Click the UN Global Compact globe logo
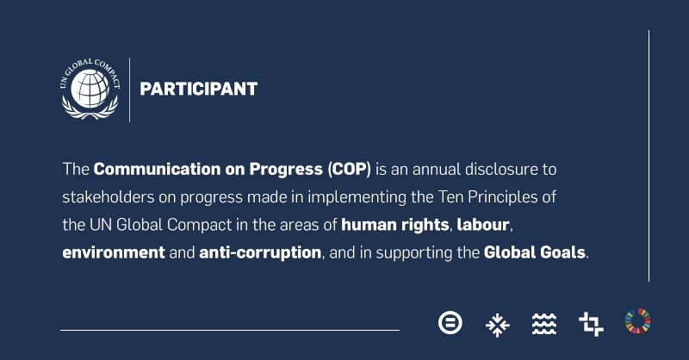click(x=90, y=89)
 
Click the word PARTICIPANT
click(x=199, y=89)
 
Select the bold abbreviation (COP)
click(x=350, y=169)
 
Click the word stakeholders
click(x=109, y=197)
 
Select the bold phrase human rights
click(x=395, y=226)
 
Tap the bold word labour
click(x=483, y=225)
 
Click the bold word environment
click(x=114, y=252)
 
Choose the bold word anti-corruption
click(x=260, y=253)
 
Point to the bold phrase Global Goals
click(x=535, y=252)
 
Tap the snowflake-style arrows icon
click(x=498, y=325)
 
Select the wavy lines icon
click(x=544, y=324)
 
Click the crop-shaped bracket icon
click(x=591, y=324)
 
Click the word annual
click(x=437, y=169)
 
